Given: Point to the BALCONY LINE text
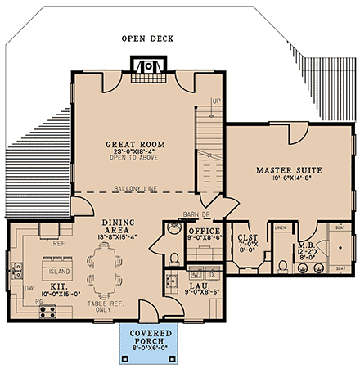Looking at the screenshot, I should tap(135, 187).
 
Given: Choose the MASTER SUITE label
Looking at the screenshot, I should tap(288, 170).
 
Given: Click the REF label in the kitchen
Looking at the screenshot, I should tap(58, 243).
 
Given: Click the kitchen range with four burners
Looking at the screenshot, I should tap(47, 310).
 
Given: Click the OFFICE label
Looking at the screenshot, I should tap(201, 232).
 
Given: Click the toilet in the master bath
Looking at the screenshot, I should tap(282, 264).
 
